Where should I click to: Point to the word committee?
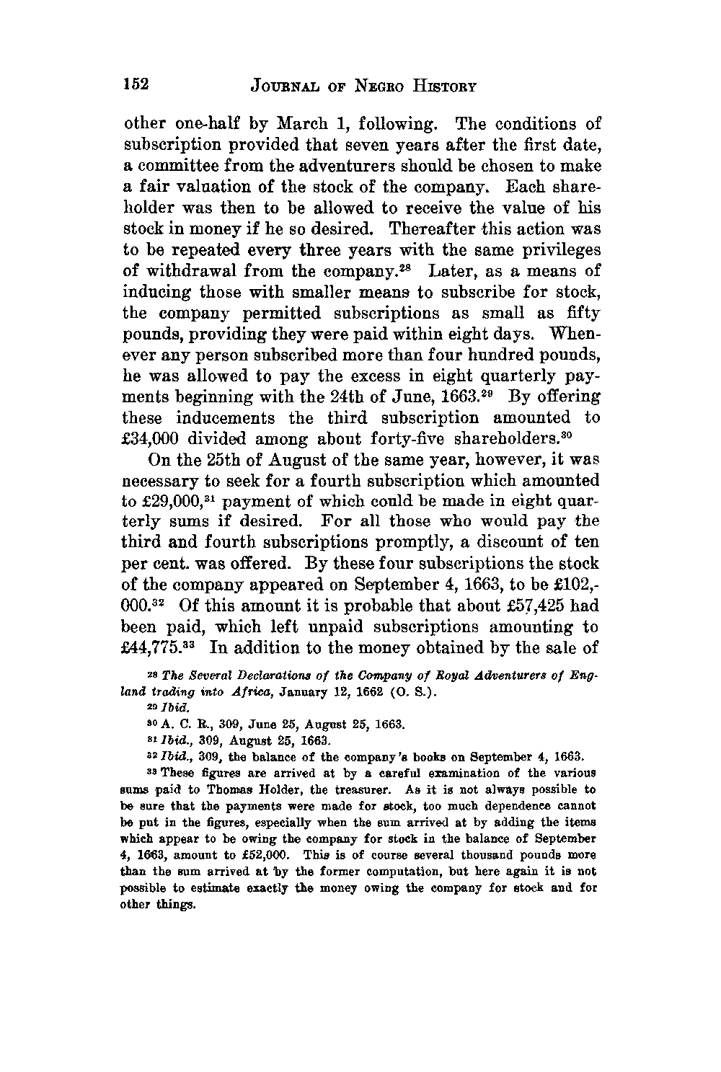pyautogui.click(x=173, y=167)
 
